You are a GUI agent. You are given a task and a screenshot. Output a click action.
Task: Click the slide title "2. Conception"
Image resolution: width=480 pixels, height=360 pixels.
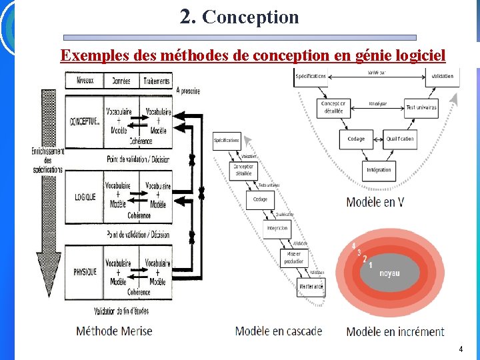[239, 17]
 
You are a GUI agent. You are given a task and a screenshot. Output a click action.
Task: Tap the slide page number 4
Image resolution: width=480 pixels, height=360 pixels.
[460, 349]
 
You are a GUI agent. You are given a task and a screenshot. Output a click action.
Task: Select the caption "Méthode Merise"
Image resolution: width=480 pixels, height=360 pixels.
[114, 331]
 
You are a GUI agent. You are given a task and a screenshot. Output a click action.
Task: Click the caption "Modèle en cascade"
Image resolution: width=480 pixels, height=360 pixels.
[279, 331]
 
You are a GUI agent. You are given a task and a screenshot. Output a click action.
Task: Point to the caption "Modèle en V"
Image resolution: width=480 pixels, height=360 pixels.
[375, 201]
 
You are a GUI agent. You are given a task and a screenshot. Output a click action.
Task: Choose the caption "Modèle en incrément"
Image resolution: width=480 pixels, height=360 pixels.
[395, 331]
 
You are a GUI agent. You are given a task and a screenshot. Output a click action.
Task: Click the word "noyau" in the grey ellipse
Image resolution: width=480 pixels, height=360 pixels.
[390, 273]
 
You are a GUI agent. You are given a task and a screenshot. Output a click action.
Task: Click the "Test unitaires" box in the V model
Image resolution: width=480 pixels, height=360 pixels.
[421, 107]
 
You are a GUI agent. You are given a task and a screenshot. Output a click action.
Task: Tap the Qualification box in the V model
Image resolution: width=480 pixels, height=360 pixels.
[400, 139]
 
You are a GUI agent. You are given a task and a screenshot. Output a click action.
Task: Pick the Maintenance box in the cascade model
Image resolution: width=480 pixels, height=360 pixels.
[311, 287]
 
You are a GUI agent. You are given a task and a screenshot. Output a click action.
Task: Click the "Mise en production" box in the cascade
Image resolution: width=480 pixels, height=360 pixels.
[294, 257]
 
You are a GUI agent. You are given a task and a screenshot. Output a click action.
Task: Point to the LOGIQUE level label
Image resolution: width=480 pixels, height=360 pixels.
[85, 197]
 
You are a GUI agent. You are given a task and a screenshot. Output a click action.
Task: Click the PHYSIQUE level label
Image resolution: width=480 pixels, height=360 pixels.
[85, 271]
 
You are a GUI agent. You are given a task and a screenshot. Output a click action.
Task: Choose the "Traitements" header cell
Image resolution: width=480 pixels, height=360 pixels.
[156, 81]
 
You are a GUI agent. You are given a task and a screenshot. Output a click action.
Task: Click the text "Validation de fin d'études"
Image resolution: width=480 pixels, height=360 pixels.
[121, 311]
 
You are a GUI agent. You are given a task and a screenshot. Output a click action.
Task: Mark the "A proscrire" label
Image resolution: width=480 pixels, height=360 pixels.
[189, 91]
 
